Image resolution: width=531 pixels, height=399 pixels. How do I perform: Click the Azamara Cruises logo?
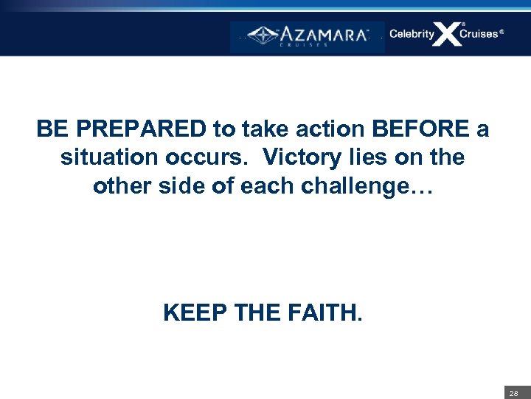308,36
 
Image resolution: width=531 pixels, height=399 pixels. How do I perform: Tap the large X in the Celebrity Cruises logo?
447,34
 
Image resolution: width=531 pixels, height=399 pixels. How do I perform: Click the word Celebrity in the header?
412,34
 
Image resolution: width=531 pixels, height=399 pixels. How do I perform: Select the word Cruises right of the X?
479,34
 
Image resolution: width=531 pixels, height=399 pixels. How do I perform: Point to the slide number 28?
513,393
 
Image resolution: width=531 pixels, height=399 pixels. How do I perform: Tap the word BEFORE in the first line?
420,130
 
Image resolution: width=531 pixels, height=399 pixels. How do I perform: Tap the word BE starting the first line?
51,130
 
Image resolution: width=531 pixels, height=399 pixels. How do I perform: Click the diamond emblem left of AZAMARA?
263,35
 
